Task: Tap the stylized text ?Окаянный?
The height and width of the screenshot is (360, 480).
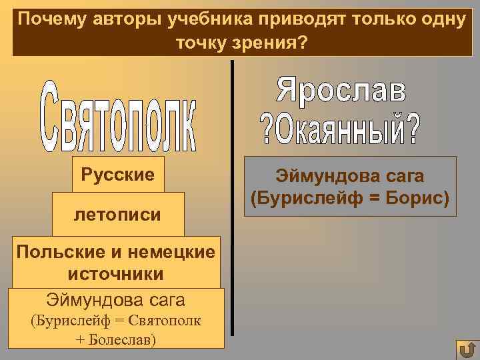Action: (x=341, y=130)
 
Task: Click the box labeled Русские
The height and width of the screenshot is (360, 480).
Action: (x=117, y=175)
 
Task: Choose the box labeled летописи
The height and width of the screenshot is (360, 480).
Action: (x=117, y=215)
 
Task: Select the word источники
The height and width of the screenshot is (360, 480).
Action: (x=115, y=273)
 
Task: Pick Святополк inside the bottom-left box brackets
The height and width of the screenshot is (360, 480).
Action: (x=163, y=321)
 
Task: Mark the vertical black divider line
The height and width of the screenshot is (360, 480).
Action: (x=232, y=200)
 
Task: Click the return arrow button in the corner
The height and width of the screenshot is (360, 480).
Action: (x=467, y=349)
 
